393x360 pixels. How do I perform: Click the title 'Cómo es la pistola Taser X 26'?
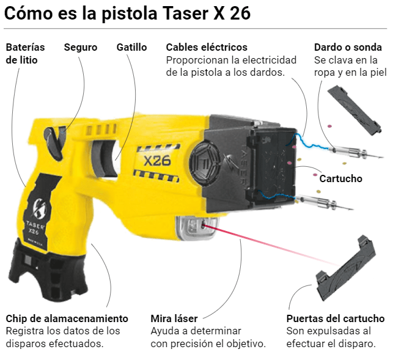coord(127,13)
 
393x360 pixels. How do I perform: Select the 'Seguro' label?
coord(81,47)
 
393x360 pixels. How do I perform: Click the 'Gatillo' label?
coord(131,47)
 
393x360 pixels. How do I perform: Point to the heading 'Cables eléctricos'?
coord(207,47)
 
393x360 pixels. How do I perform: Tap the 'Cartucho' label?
coord(340,178)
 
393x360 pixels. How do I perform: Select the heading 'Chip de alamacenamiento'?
coord(67,318)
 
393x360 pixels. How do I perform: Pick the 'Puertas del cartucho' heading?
coord(335,318)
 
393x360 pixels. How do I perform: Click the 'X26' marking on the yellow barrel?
coord(157,161)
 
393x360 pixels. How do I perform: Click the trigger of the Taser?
coord(116,158)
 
